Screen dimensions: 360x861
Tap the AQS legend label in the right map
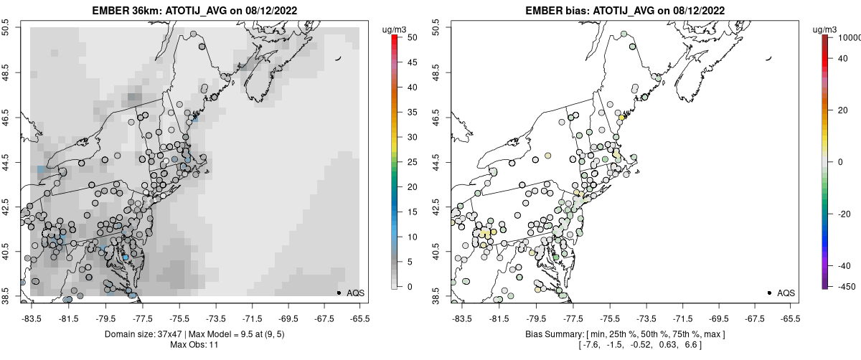click(x=786, y=293)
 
